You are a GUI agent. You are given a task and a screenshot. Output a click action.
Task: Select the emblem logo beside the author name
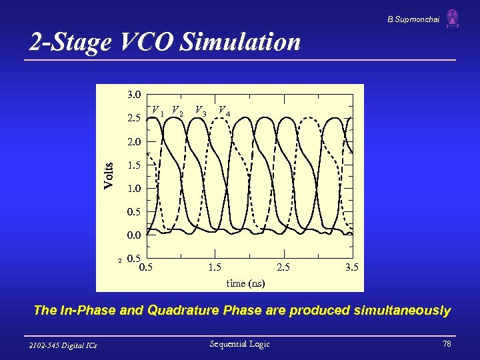coord(453,19)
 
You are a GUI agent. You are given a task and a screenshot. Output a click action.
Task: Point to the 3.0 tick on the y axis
coord(133,94)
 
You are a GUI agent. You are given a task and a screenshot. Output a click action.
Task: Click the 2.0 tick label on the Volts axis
coord(133,141)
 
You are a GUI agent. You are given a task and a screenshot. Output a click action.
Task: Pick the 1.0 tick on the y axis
coord(133,188)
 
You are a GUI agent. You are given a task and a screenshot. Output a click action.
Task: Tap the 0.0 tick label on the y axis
coord(133,235)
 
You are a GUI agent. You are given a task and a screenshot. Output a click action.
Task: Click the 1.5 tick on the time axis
coord(215,267)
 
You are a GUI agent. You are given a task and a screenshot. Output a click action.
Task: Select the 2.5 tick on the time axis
coord(283,267)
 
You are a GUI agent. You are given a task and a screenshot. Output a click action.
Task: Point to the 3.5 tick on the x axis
coord(352,267)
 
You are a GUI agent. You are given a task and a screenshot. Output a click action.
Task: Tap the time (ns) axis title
coord(245,283)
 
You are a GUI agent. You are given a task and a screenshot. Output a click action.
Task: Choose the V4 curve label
coord(225,110)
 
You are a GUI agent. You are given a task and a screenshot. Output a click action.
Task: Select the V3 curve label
coord(200,110)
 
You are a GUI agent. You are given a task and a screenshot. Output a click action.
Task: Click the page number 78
coord(446,344)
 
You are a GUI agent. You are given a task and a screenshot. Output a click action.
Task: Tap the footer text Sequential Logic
coord(239,344)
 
